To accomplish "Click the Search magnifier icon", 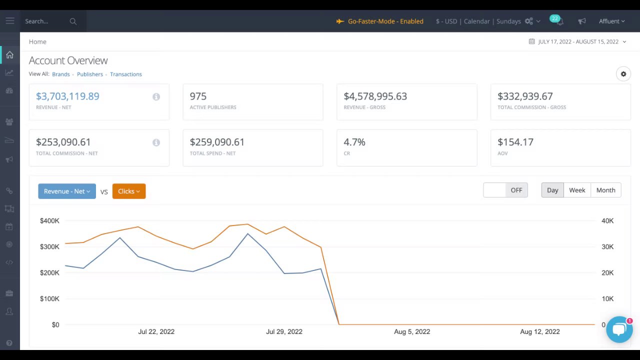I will tap(73, 21).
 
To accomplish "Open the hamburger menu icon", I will tap(10, 21).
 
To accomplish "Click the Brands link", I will tap(61, 74).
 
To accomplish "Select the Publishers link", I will tap(90, 74).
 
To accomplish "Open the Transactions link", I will tap(126, 74).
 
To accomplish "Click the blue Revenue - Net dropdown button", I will tap(67, 191).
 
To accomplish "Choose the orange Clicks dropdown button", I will tap(129, 191).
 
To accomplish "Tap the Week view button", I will tap(577, 190).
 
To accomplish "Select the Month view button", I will tap(605, 190).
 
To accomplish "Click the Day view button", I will tap(552, 190).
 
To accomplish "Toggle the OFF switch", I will tap(505, 190).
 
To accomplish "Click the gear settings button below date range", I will tap(623, 74).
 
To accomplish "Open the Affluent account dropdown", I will tap(611, 21).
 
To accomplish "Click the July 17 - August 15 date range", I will tap(578, 42).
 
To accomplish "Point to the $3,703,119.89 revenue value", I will tap(67, 96).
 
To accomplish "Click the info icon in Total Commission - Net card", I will tap(156, 143).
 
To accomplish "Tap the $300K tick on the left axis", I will tap(49, 247).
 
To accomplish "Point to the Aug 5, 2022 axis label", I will tap(412, 332).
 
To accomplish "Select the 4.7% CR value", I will tap(354, 142).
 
